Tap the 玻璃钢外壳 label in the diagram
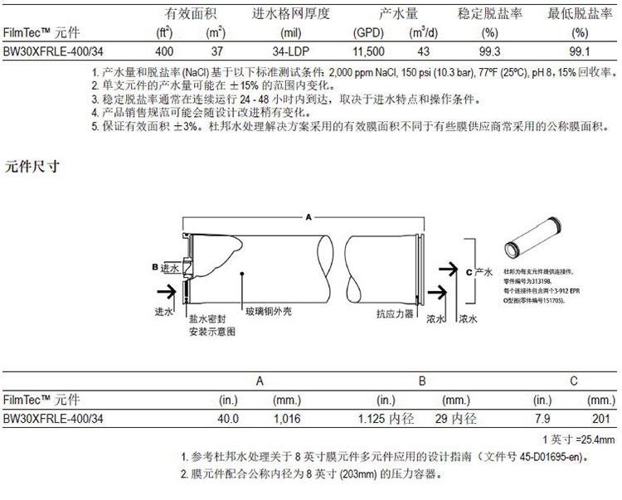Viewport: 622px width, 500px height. point(267,313)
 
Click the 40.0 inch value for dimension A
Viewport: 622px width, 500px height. point(227,419)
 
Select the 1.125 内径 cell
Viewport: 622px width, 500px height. point(386,419)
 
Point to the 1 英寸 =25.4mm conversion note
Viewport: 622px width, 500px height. point(578,439)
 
